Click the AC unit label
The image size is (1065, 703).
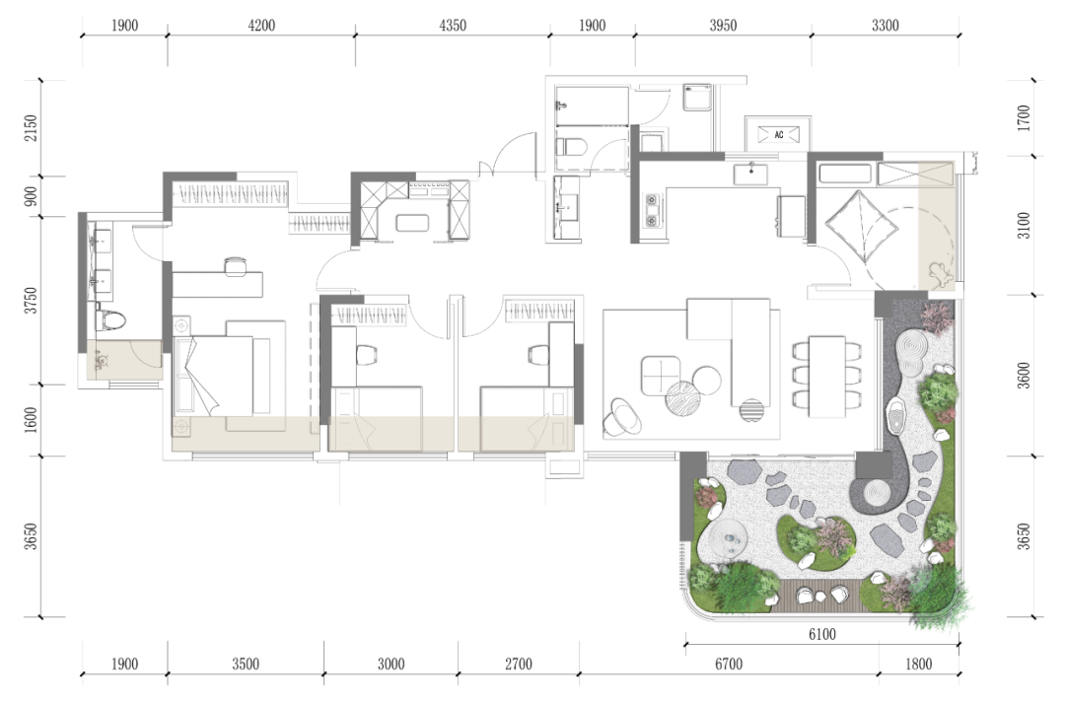tap(778, 134)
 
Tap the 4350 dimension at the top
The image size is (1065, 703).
tap(453, 26)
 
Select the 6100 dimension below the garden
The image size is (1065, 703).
tap(821, 634)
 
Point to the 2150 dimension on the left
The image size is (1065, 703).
tap(31, 128)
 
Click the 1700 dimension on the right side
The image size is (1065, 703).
tap(1024, 118)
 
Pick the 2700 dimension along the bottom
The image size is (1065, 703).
tap(519, 665)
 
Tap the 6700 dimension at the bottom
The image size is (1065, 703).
tap(728, 665)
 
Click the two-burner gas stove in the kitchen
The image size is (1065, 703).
tap(652, 211)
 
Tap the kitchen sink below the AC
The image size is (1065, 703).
tap(750, 174)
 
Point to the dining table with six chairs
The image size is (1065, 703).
tap(827, 377)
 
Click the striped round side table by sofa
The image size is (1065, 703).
tap(751, 410)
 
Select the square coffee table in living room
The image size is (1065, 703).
tap(660, 376)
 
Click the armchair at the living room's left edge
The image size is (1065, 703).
tap(621, 416)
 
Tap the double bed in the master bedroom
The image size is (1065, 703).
tap(214, 376)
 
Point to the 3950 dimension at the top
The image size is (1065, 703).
tap(723, 26)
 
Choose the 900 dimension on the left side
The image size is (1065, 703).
tap(31, 197)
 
